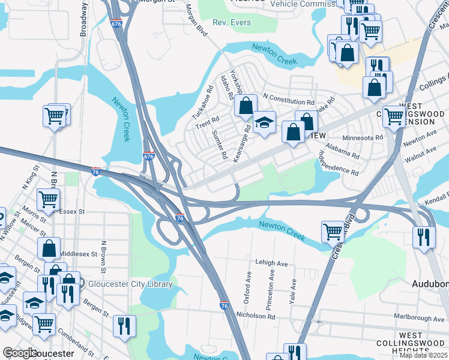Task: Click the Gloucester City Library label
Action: point(130,284)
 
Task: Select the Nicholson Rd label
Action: point(256,316)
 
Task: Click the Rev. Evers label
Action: point(231,23)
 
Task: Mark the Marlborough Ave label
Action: point(418,316)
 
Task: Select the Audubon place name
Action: point(430,283)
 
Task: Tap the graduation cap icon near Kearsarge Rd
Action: point(264,122)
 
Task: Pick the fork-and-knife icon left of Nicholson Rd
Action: point(124,325)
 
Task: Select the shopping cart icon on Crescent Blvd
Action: point(333,230)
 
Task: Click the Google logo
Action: point(19,353)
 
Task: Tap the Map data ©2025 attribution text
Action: point(423,355)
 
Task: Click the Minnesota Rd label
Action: point(363,137)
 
